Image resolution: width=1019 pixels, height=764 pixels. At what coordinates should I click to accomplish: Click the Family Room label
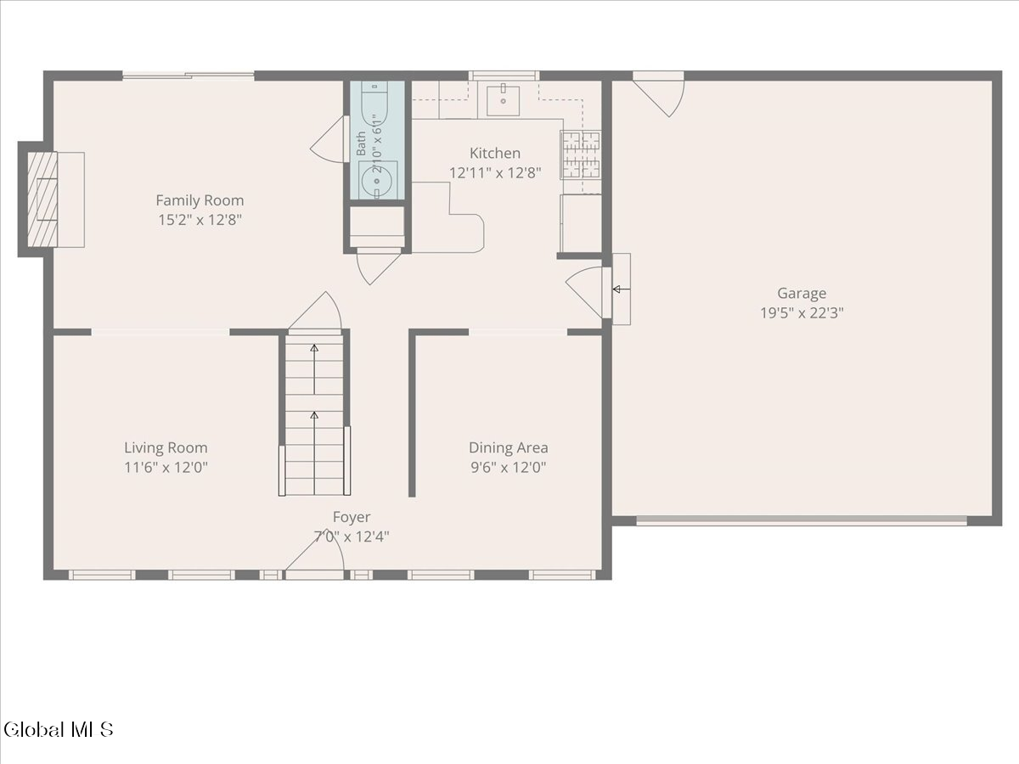200,200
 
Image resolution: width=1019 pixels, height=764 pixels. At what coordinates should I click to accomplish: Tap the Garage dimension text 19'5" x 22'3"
802,313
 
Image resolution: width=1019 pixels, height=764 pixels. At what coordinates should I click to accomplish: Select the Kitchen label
495,153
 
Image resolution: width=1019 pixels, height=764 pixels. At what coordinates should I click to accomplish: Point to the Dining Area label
509,447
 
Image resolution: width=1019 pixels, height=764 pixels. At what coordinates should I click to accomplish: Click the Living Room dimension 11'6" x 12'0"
166,467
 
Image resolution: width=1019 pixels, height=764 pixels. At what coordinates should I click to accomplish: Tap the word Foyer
352,517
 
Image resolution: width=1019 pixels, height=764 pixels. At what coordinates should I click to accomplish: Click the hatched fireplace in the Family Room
42,199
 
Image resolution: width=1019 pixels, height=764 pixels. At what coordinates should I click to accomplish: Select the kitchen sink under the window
503,100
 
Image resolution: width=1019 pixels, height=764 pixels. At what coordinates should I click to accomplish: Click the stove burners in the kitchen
580,155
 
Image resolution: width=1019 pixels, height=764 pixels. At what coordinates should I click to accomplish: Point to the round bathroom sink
377,181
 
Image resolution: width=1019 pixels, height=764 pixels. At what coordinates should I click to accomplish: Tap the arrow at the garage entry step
621,289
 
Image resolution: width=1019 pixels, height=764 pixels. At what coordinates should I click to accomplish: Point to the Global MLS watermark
58,730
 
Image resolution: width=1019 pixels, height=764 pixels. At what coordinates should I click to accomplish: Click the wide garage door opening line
802,521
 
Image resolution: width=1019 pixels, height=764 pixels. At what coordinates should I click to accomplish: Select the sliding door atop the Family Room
188,76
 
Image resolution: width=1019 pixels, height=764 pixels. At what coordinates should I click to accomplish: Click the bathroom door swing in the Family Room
329,139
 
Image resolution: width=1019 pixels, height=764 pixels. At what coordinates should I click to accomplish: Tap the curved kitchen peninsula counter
448,218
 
